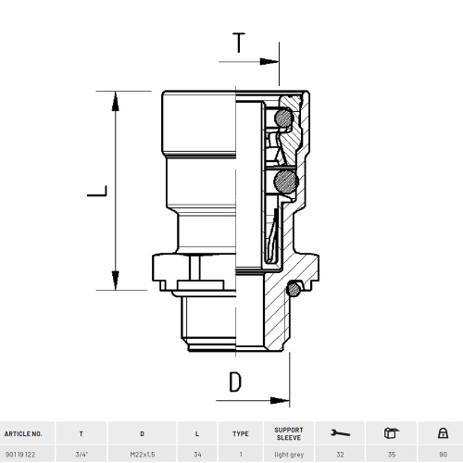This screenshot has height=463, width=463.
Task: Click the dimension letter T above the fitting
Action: coord(239,43)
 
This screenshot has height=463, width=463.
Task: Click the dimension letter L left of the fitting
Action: coord(97,191)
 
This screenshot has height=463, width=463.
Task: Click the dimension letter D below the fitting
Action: coord(235,382)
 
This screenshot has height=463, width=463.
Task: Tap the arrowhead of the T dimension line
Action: coord(269,61)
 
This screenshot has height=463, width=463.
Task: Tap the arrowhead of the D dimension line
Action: coord(280,401)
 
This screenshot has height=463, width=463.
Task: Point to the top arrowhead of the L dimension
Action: coord(116,101)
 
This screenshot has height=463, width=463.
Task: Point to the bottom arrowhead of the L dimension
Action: coord(116,281)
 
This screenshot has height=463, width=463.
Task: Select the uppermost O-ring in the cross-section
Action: coord(283,118)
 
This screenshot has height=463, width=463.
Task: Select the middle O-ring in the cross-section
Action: coord(286,181)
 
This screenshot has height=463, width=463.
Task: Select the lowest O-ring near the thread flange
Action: coord(294,290)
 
